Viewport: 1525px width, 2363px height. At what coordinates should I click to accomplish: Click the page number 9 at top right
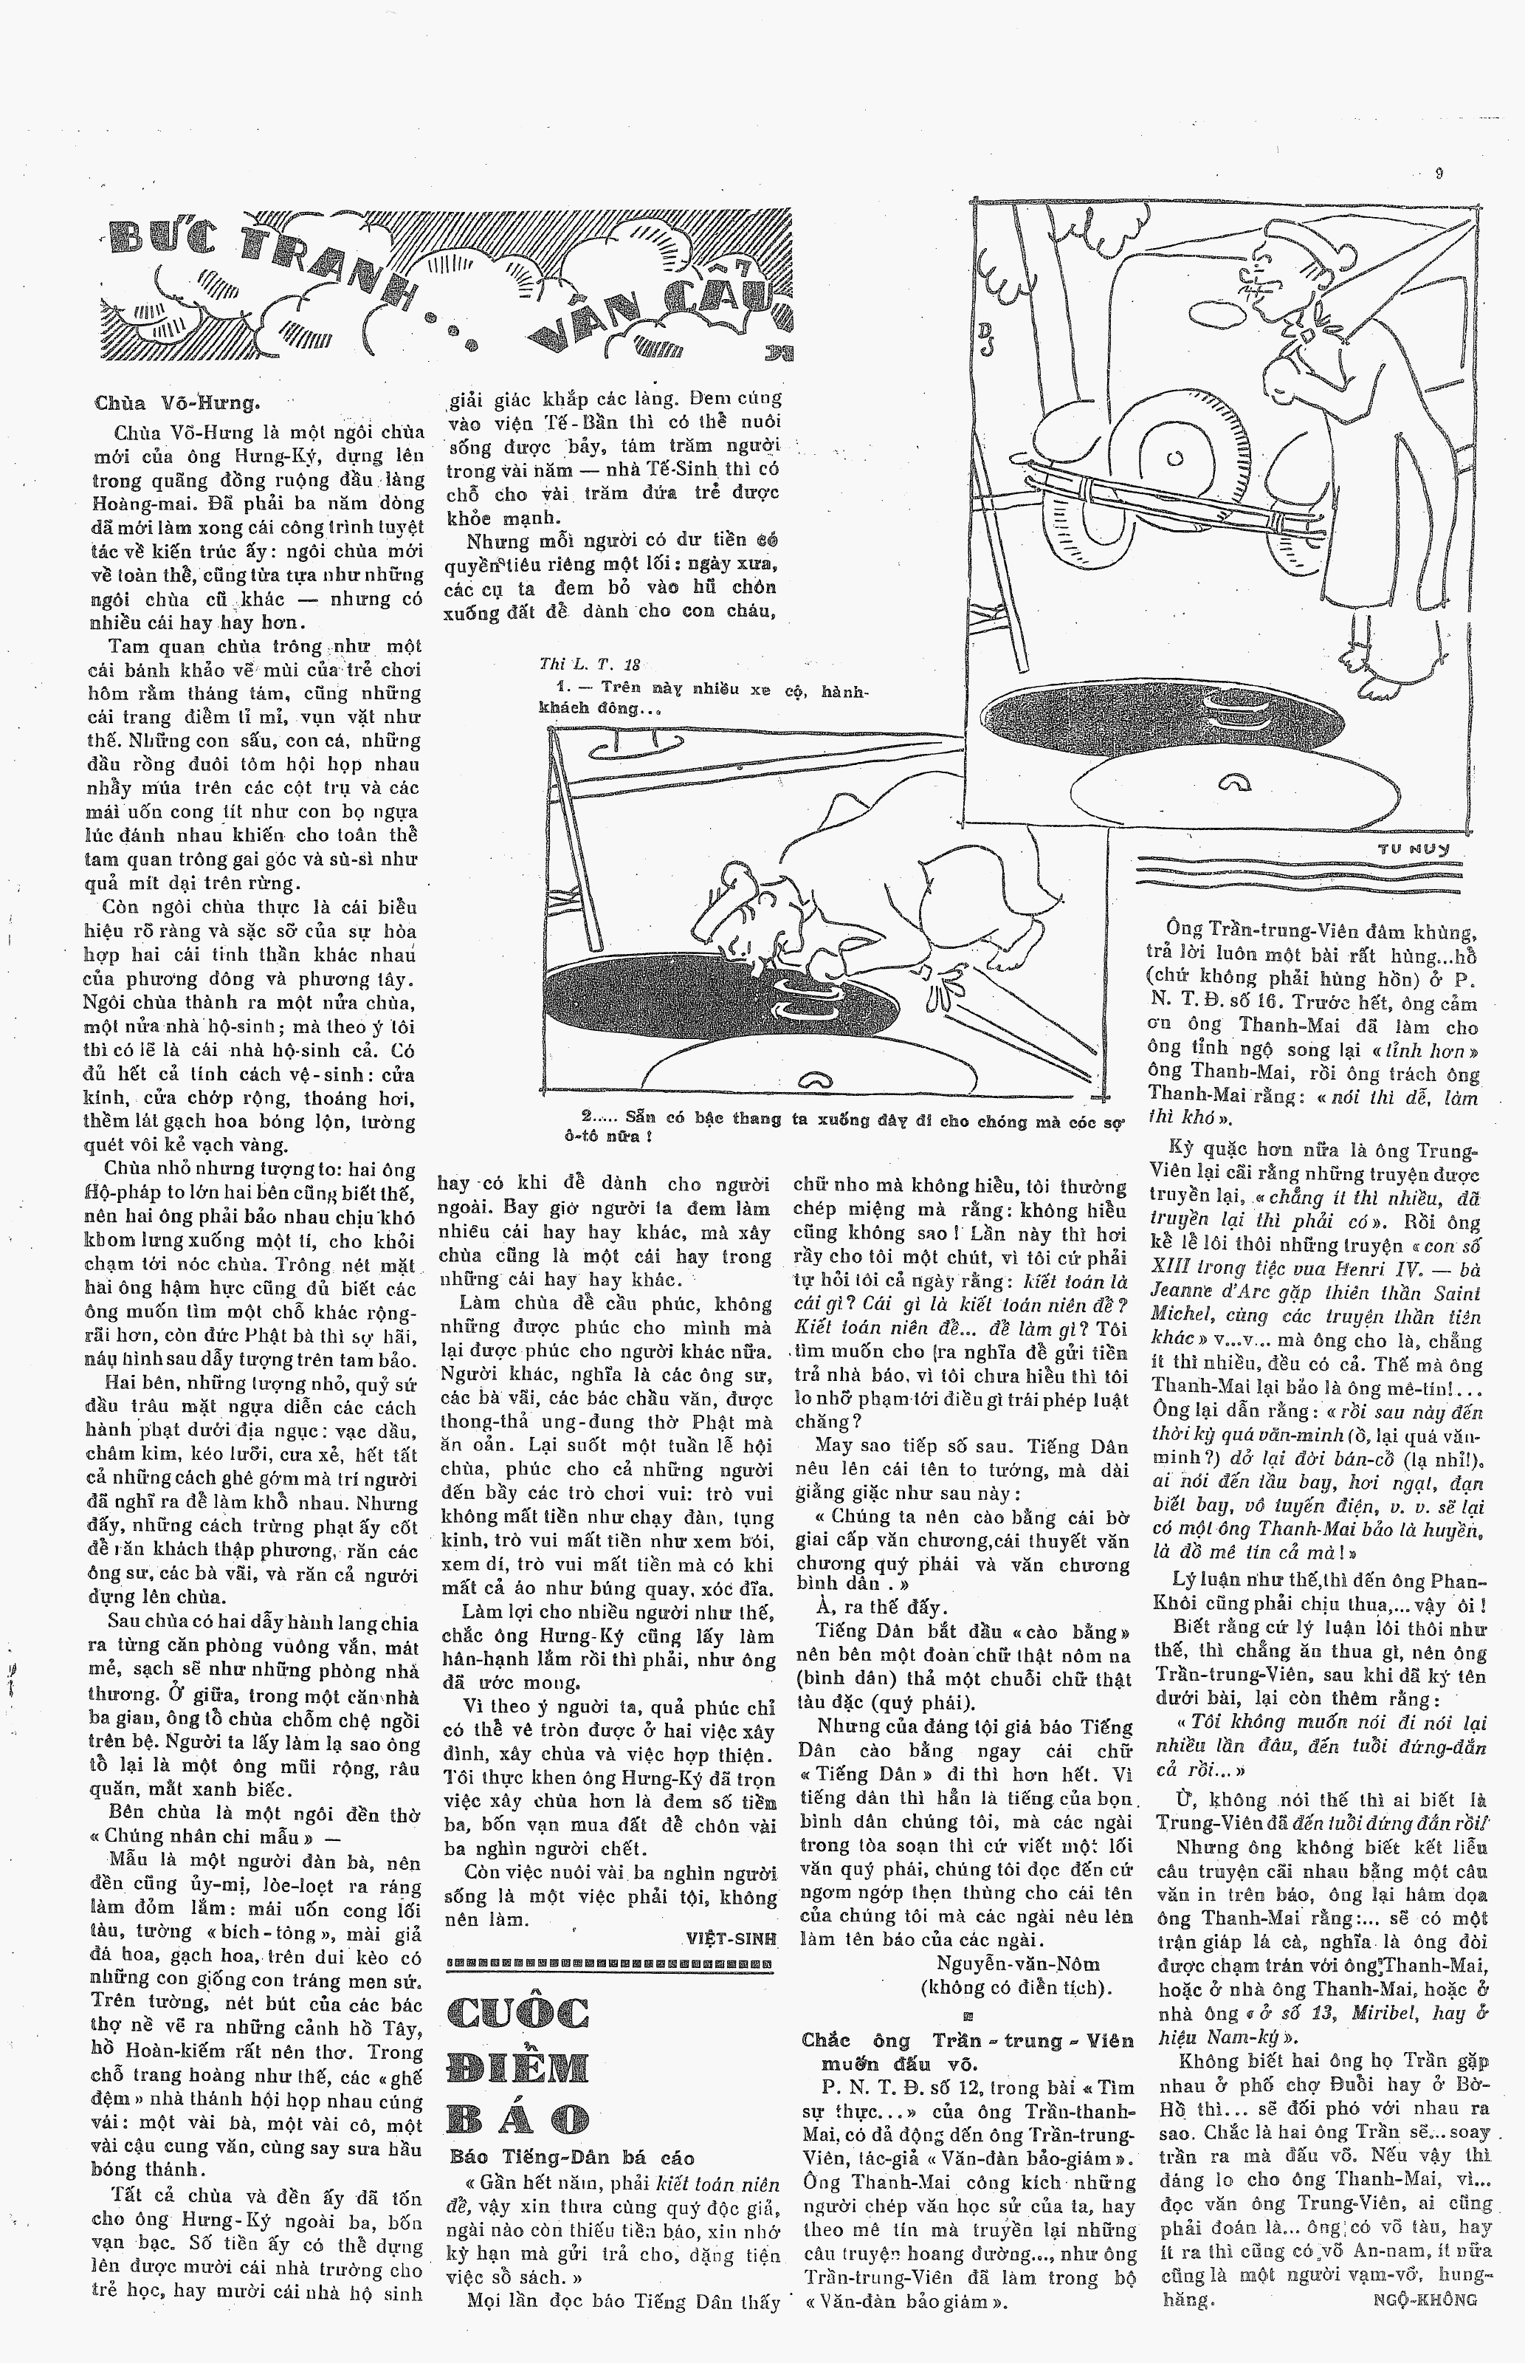1438,174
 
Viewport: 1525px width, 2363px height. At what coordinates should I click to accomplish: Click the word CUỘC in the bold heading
518,2011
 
